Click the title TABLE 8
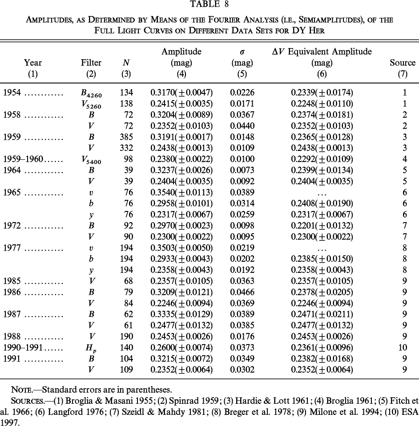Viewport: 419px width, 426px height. coord(209,6)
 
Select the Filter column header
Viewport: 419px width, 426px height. coord(91,63)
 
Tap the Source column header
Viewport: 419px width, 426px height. coord(402,63)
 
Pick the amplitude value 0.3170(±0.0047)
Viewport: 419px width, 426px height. coord(181,93)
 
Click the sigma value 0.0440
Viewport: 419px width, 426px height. coord(241,126)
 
